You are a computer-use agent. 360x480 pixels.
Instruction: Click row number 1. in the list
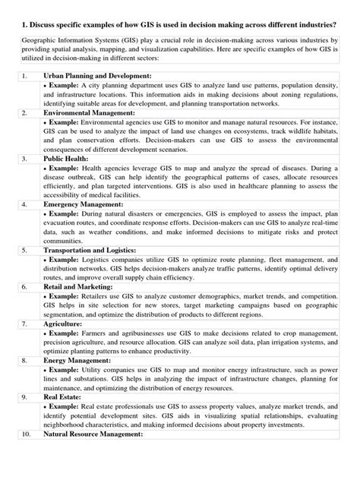[25, 76]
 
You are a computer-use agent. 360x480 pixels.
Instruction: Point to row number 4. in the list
[25, 204]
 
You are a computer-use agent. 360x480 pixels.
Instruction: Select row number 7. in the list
[25, 323]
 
